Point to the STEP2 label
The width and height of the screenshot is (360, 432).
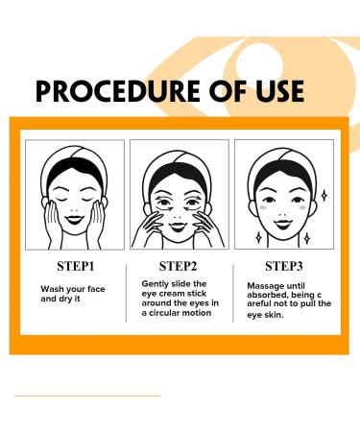tap(179, 265)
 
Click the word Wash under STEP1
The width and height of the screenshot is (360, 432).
tap(52, 288)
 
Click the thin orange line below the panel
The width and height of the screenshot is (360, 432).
tap(86, 395)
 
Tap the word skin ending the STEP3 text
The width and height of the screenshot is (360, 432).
tap(286, 313)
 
